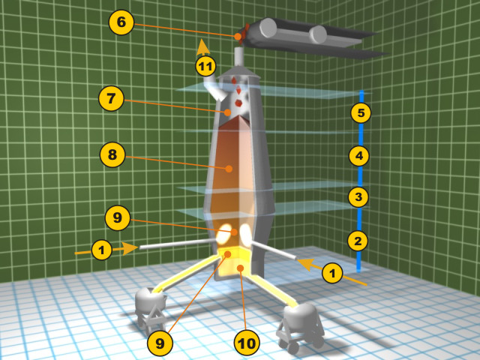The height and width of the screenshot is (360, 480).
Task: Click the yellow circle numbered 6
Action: click(x=121, y=22)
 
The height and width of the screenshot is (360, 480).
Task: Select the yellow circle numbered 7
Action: click(x=111, y=98)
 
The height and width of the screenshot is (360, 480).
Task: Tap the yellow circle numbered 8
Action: click(x=112, y=154)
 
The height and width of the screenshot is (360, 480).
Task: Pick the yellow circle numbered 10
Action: click(x=247, y=343)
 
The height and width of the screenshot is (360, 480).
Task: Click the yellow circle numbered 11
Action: click(x=205, y=66)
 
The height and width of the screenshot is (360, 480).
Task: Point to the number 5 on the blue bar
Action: click(x=361, y=112)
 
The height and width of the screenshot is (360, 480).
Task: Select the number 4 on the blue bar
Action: click(x=359, y=156)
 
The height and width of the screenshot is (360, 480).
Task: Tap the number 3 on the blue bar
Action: click(x=358, y=196)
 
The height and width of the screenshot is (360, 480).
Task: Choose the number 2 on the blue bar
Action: click(x=358, y=241)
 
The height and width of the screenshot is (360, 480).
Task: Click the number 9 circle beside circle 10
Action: click(x=160, y=343)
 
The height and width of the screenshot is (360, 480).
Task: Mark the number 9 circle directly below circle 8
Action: click(x=118, y=217)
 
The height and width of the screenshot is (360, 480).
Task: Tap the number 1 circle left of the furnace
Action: click(x=102, y=250)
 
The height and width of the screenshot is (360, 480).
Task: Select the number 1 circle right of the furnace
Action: click(x=332, y=272)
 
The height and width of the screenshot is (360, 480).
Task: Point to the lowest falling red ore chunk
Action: click(x=238, y=103)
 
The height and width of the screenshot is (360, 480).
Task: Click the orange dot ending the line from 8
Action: click(x=229, y=168)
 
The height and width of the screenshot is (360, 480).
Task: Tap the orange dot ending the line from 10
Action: click(x=241, y=268)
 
